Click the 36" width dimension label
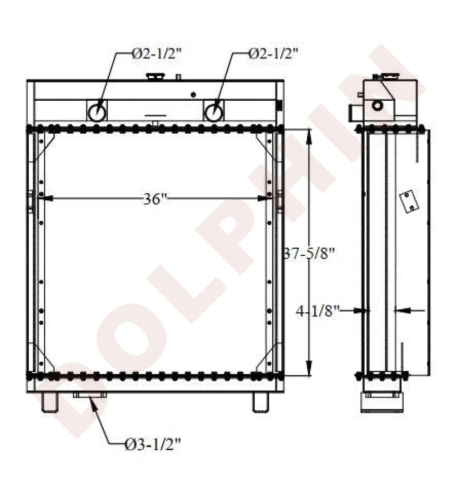pos(154,199)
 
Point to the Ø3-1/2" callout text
pos(153,444)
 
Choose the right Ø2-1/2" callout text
pos(274,54)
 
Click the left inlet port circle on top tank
pos(97,112)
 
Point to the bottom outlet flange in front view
pos(90,395)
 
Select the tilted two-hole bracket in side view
pos(408,202)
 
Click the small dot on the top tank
pos(194,94)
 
